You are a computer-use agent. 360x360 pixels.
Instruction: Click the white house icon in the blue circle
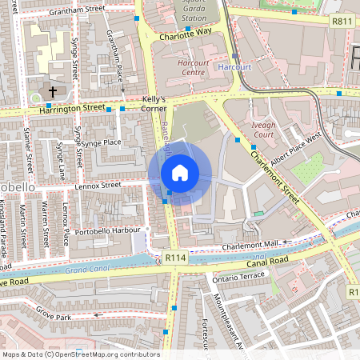[x=180, y=173]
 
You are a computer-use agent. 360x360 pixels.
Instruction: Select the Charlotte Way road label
[x=185, y=34]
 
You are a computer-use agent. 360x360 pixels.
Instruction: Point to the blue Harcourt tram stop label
[x=234, y=67]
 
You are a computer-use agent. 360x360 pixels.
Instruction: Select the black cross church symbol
[x=54, y=91]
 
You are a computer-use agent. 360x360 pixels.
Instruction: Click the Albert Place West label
[x=296, y=139]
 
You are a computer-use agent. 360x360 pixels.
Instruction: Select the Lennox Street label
[x=98, y=185]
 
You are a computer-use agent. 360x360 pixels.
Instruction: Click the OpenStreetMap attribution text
[x=81, y=354]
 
